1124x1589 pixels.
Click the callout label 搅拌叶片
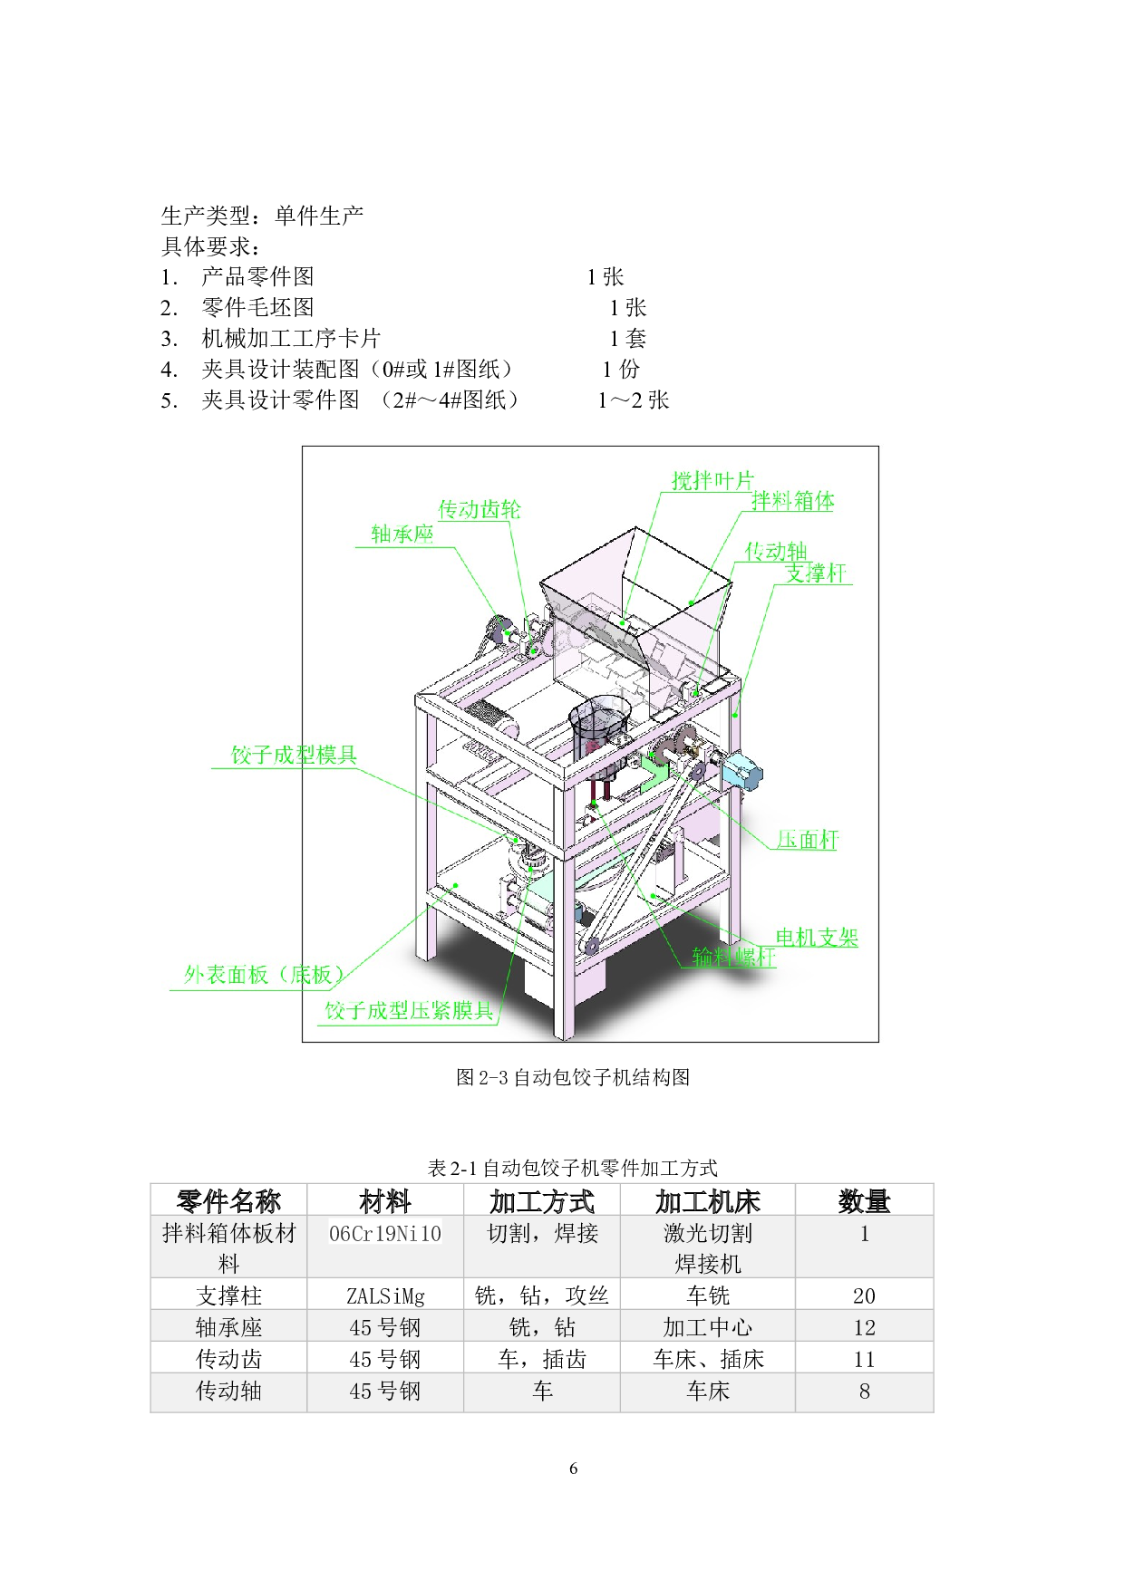[712, 480]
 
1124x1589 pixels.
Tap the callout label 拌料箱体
[793, 501]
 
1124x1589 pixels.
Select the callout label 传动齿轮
[480, 509]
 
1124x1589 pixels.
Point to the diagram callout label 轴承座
[402, 534]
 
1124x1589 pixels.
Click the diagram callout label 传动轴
[776, 551]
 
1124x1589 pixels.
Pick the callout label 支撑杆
[815, 573]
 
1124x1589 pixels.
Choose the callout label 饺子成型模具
[294, 755]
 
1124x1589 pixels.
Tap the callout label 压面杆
[807, 840]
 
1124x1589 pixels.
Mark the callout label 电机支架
[816, 938]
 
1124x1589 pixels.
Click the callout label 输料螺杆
[733, 957]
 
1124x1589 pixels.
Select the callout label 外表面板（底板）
[264, 975]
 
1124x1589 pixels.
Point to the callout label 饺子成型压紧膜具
[409, 1011]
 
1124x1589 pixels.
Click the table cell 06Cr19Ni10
[385, 1234]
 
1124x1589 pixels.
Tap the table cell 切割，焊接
[542, 1234]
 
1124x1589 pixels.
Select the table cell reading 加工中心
[707, 1327]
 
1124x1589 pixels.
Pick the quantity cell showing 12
[864, 1327]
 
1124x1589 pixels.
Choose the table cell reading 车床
[707, 1391]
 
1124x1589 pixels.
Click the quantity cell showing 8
[864, 1391]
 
